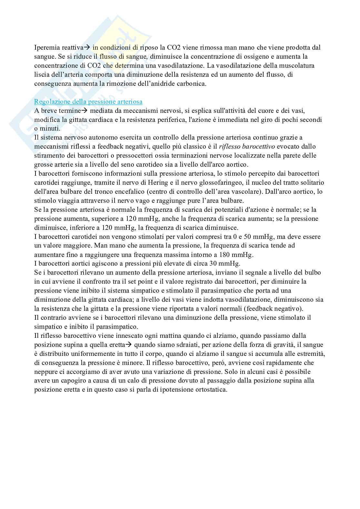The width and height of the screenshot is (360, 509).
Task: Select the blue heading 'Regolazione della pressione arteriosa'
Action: [x=88, y=102]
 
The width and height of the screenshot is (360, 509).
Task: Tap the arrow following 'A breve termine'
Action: [x=84, y=111]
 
